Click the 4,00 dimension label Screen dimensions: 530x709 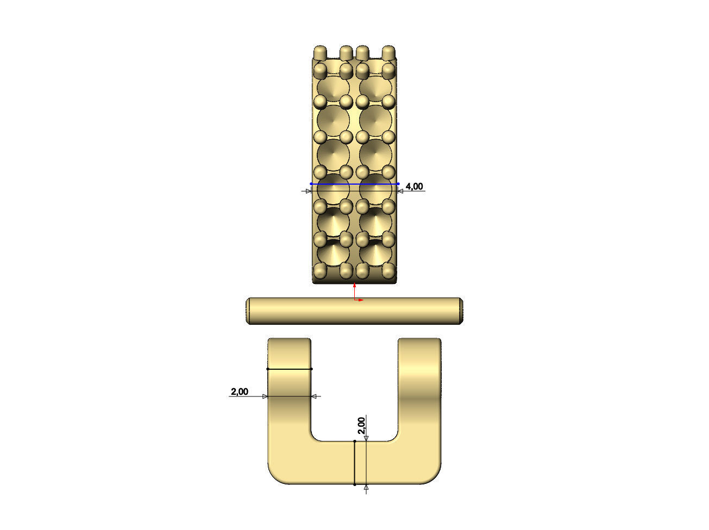point(414,187)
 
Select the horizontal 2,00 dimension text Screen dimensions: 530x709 point(240,392)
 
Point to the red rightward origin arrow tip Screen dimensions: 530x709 point(362,299)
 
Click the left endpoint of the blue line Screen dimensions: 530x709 point(311,184)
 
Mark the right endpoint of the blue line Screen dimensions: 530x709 point(398,184)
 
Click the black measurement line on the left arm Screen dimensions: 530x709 point(290,369)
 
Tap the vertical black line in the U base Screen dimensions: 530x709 point(355,463)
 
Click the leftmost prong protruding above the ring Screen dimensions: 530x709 point(321,52)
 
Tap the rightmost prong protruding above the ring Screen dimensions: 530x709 point(388,52)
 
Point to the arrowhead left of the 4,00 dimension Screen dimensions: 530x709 point(308,191)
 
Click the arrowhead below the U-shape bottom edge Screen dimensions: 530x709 point(366,487)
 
